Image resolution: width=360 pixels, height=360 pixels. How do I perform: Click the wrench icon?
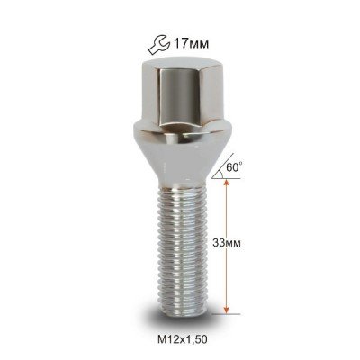click(158, 45)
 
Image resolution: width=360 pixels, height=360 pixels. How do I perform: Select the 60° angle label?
click(234, 167)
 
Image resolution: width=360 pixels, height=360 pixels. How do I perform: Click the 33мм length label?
click(227, 243)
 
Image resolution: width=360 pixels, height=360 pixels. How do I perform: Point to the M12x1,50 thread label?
click(183, 339)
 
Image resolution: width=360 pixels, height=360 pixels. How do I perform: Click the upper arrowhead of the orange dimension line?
click(227, 184)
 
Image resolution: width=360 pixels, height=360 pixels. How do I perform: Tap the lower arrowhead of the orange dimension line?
click(227, 310)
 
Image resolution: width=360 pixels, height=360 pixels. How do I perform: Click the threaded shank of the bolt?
click(183, 250)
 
